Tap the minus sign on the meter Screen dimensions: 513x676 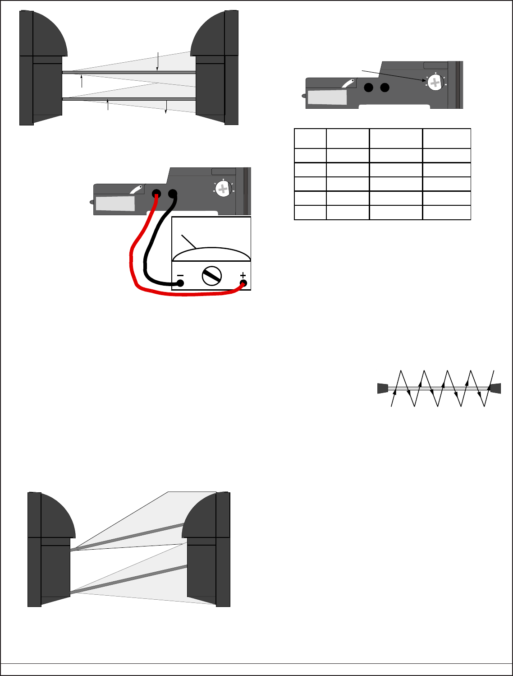[x=180, y=275]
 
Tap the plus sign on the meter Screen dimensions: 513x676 [x=243, y=275]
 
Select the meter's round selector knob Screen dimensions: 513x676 [x=212, y=276]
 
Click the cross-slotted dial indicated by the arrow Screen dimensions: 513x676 [x=435, y=82]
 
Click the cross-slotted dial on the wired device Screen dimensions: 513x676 [x=223, y=189]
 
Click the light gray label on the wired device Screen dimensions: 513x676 [x=115, y=203]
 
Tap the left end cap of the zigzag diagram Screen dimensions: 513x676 [x=382, y=388]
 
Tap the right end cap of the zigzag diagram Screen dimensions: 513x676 [x=496, y=388]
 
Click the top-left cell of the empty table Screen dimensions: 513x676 [x=310, y=139]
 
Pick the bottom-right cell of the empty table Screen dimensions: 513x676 [x=446, y=213]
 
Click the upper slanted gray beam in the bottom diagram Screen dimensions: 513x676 [x=128, y=537]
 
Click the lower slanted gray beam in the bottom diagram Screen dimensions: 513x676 [x=128, y=579]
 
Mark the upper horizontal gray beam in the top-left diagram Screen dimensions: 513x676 [x=128, y=72]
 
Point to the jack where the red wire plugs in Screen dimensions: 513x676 [x=156, y=194]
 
